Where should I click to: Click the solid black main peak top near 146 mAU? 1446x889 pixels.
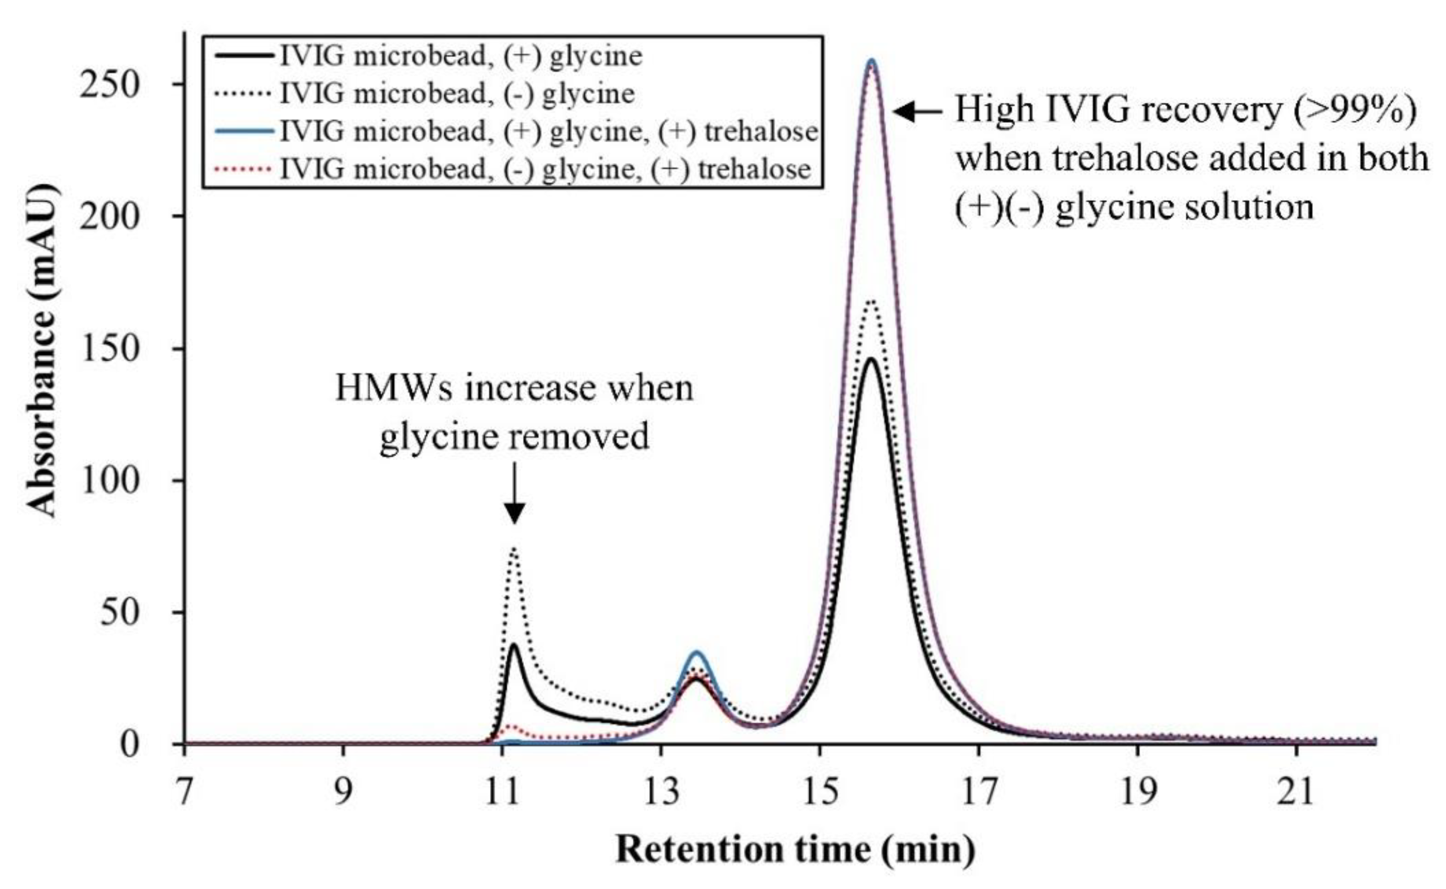[x=872, y=358]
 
